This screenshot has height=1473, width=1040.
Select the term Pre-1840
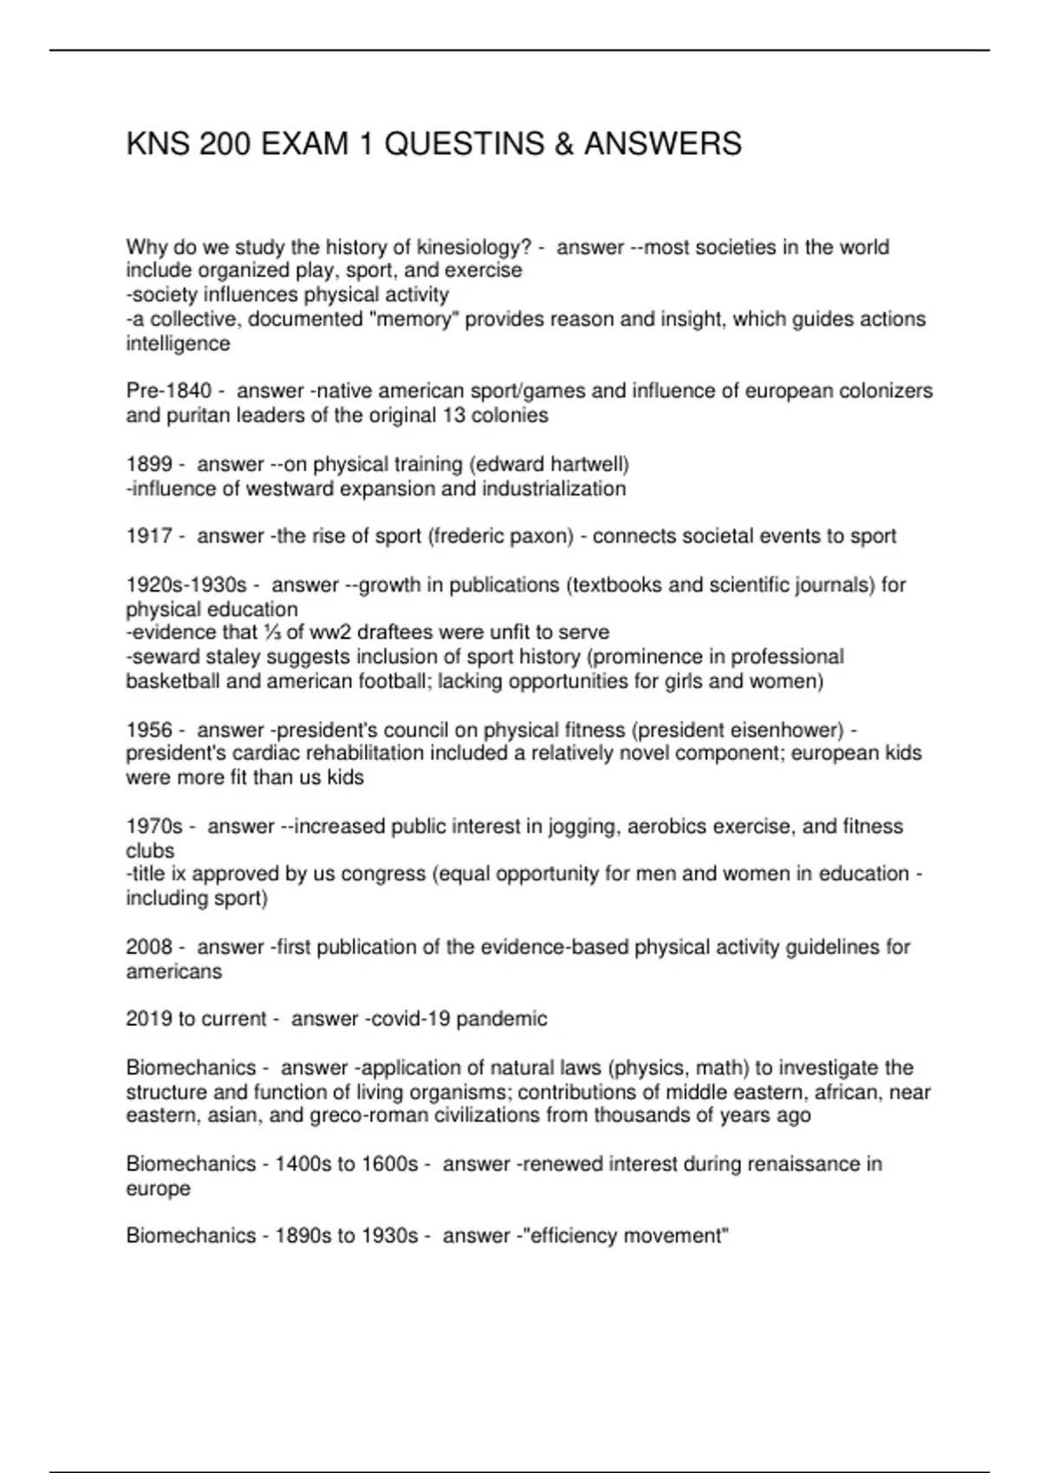(168, 392)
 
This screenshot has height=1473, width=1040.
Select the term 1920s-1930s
(186, 586)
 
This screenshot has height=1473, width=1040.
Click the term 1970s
(154, 827)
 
